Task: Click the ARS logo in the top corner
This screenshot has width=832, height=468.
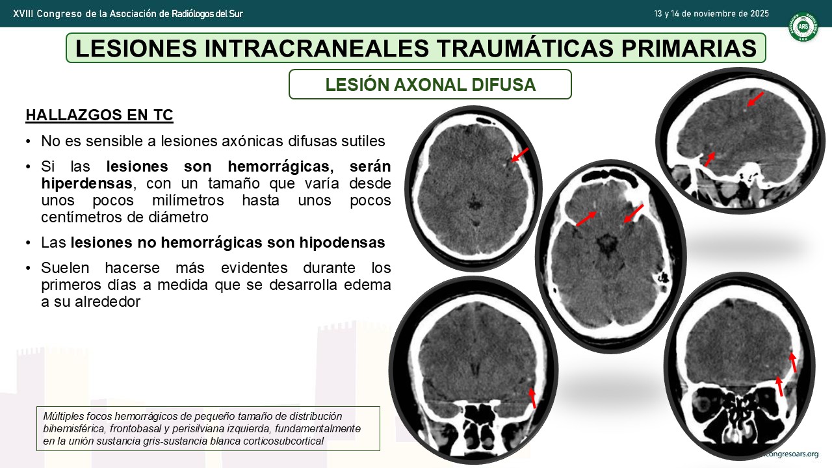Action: click(803, 27)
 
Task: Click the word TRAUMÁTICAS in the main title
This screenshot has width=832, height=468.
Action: click(525, 48)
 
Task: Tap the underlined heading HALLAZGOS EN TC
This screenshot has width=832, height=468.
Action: click(99, 115)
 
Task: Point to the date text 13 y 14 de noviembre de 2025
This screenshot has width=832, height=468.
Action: click(711, 14)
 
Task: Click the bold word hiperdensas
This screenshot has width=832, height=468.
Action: click(86, 183)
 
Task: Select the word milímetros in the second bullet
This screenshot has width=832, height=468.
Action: click(188, 200)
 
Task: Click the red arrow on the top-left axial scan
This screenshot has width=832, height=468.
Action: click(519, 155)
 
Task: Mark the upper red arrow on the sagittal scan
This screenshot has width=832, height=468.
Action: click(755, 99)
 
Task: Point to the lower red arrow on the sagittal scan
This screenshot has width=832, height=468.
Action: click(710, 159)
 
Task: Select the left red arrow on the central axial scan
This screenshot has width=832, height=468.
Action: click(586, 218)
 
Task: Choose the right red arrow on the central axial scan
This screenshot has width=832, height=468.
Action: click(633, 214)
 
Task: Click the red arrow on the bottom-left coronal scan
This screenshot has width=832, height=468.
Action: click(532, 398)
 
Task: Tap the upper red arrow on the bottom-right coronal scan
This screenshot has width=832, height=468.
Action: click(792, 362)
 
